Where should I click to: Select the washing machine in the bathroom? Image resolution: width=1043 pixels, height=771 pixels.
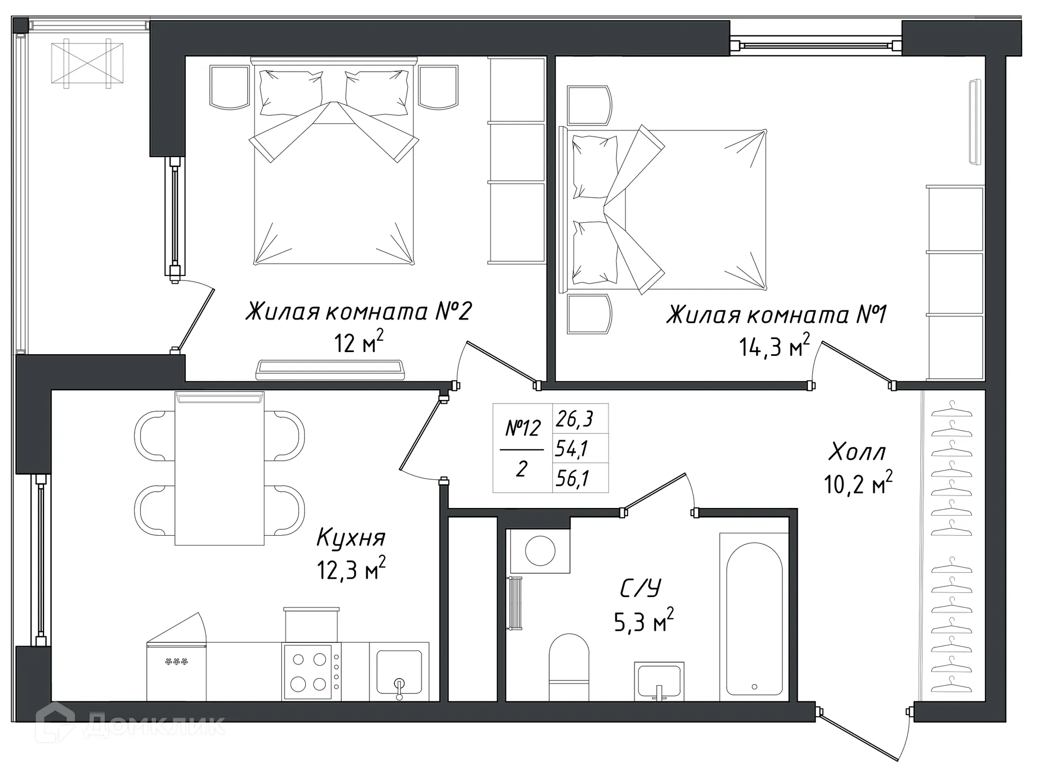point(540,550)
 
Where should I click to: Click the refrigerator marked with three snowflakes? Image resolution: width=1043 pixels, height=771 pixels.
point(176,672)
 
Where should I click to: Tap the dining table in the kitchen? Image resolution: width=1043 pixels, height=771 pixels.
point(219,468)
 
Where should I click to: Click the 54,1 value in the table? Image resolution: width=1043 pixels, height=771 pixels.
point(572,449)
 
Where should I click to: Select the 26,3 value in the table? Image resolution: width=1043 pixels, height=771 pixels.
point(574,419)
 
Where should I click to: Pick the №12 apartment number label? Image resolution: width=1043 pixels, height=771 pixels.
point(523,429)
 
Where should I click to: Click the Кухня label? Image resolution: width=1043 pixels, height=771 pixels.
point(351,538)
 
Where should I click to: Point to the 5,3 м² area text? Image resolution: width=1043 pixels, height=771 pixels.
point(644,622)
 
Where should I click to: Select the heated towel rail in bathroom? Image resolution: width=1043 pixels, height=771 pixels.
point(514,603)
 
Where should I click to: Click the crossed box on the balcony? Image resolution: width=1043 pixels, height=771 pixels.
point(87,63)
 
